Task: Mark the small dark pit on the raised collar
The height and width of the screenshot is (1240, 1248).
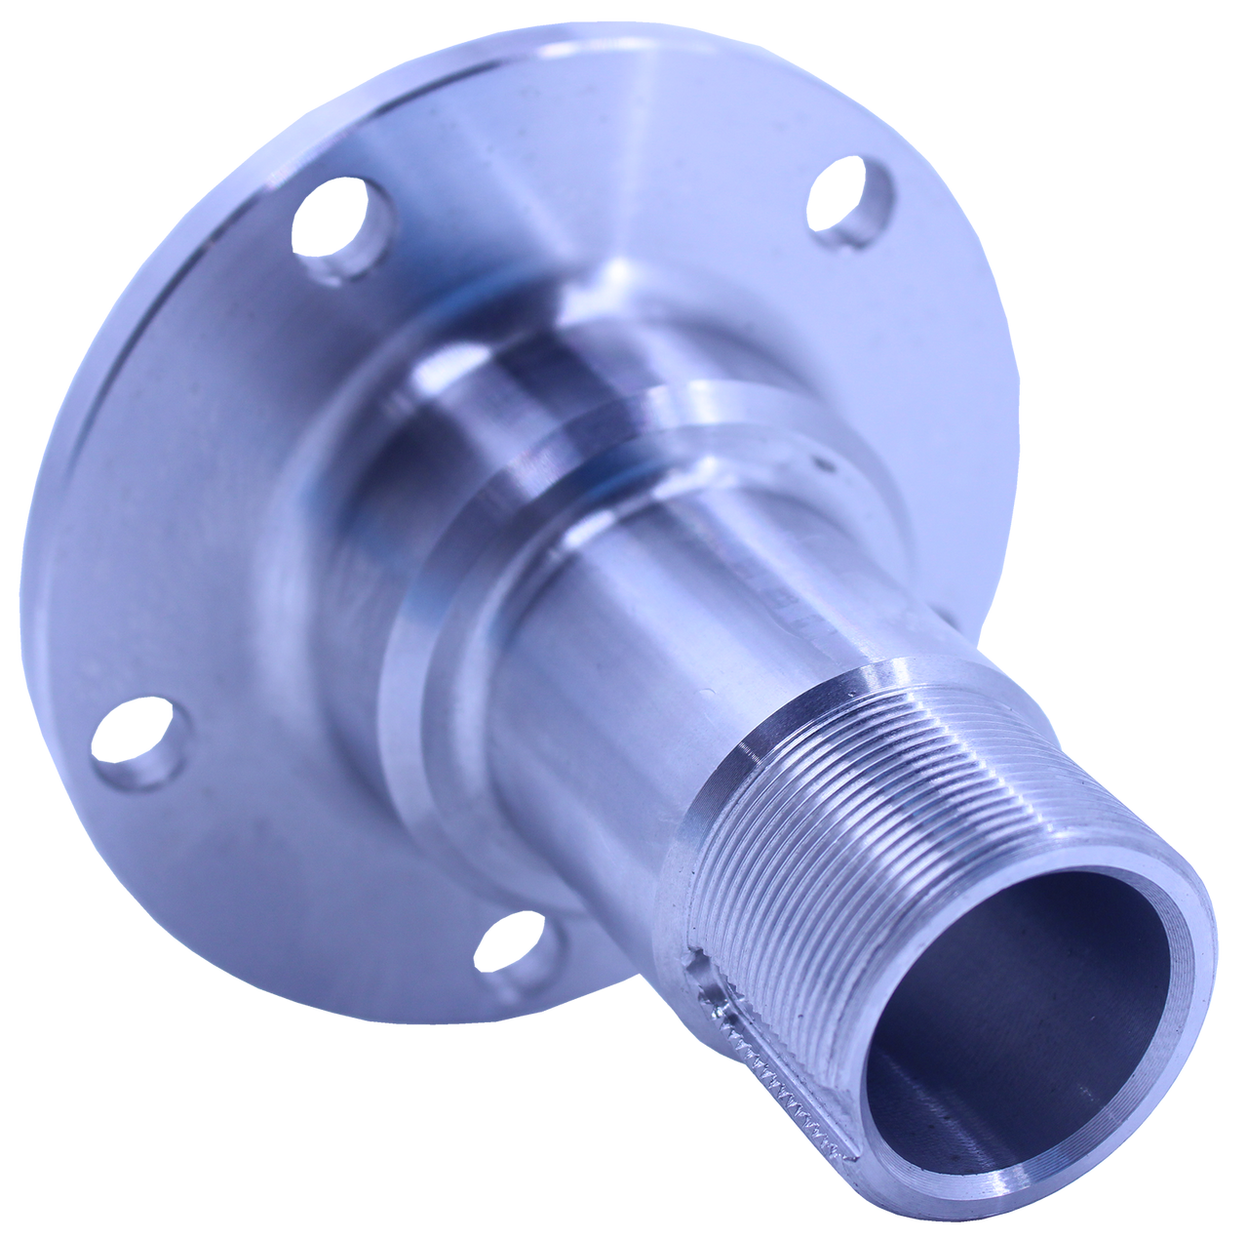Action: click(828, 467)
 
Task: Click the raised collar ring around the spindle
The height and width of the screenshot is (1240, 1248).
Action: click(585, 429)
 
